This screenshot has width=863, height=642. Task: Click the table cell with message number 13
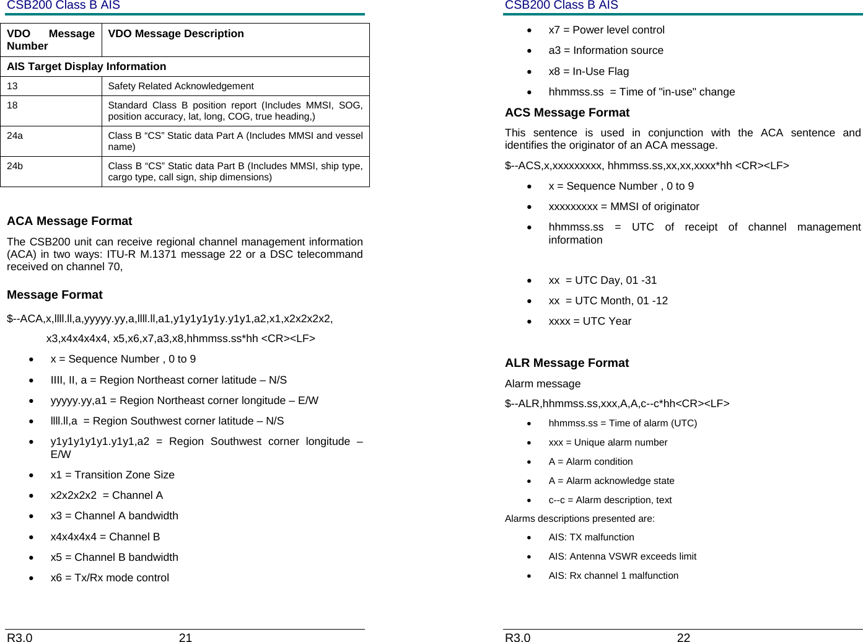[x=51, y=86]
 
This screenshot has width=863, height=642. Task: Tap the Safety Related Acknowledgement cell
[x=181, y=86]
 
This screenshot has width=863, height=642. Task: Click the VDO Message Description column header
[x=176, y=34]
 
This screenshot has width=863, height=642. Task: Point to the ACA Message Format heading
[x=69, y=221]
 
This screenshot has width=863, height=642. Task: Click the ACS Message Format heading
[x=567, y=113]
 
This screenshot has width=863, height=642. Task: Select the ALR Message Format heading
[x=566, y=363]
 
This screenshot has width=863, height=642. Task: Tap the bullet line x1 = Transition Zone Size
[x=112, y=475]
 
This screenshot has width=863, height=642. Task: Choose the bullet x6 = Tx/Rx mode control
[x=110, y=578]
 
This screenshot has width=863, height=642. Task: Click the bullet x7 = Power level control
[x=606, y=30]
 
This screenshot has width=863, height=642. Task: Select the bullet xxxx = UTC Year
[x=590, y=321]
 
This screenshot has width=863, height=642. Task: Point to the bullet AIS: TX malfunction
[x=591, y=537]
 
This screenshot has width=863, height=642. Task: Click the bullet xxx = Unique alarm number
[x=608, y=442]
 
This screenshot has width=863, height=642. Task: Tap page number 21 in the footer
[x=185, y=637]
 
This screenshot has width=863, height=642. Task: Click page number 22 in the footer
[x=683, y=637]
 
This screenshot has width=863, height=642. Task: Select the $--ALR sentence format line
[x=617, y=403]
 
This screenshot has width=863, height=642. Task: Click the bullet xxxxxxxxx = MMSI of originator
[x=623, y=206]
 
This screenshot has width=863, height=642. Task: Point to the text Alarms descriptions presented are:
[x=579, y=519]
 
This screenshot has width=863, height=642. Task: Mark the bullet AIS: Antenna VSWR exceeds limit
[x=622, y=556]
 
